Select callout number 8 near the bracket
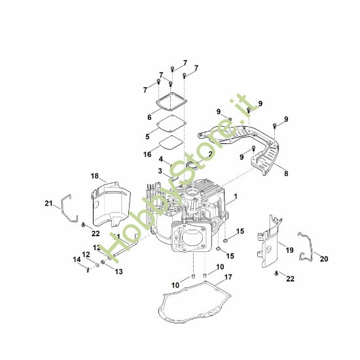[285, 174]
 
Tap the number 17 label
[228, 278]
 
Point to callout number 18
[94, 177]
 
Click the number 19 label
[289, 250]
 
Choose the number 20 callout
[323, 259]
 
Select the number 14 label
[75, 260]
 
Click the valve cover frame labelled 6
[171, 103]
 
